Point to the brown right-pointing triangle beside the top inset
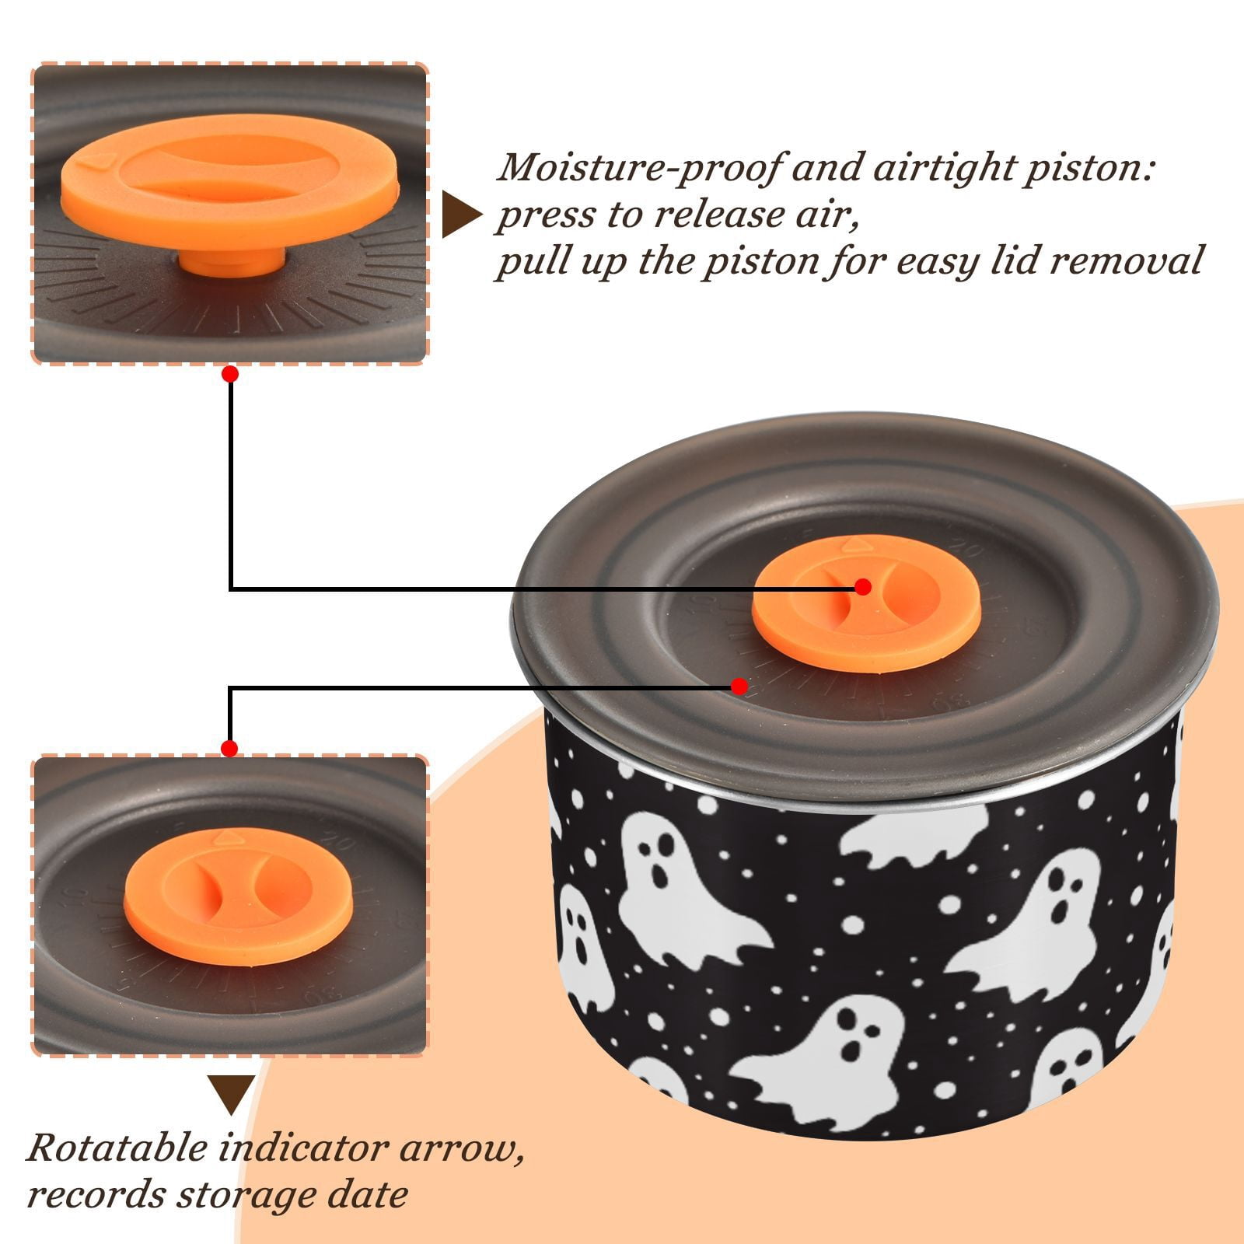point(460,215)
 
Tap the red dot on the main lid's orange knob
point(862,587)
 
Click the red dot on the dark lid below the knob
point(739,687)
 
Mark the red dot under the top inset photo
point(229,374)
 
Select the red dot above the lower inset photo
point(229,749)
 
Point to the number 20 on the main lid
point(970,551)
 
